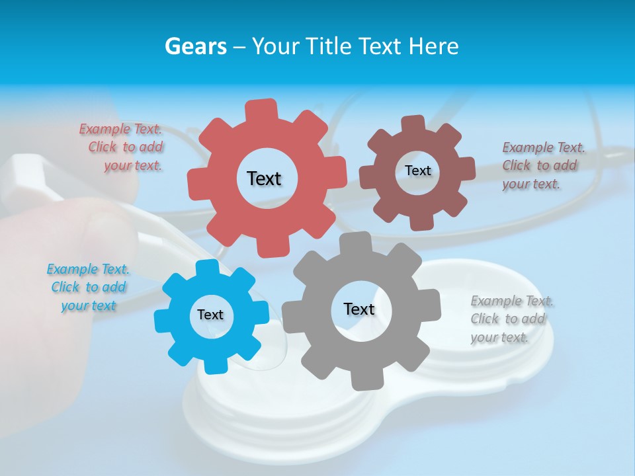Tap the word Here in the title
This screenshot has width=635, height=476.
click(x=433, y=46)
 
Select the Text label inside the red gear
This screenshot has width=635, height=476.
click(x=264, y=178)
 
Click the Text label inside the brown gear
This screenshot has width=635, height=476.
click(x=417, y=171)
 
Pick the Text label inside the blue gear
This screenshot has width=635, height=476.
click(x=210, y=315)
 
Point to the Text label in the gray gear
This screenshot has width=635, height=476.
click(x=359, y=309)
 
